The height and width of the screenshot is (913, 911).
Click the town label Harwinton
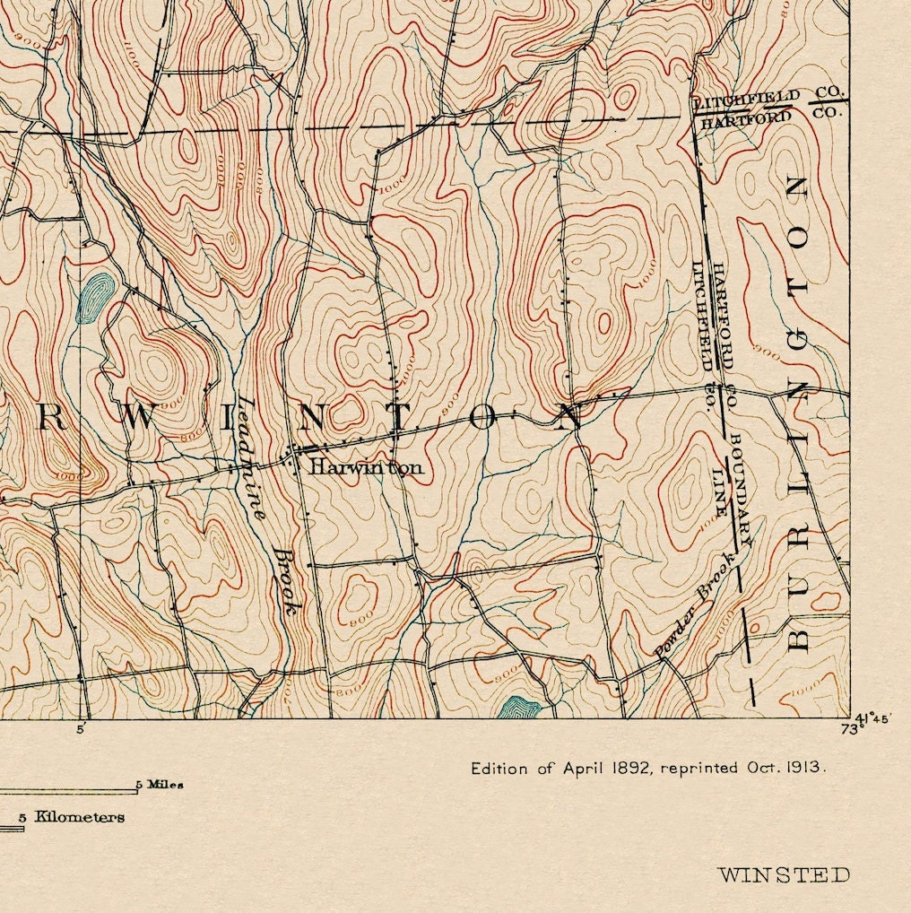pyautogui.click(x=364, y=467)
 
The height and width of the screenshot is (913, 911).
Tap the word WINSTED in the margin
pyautogui.click(x=784, y=874)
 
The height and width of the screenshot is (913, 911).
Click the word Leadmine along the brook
pyautogui.click(x=248, y=459)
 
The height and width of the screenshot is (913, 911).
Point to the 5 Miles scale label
pyautogui.click(x=160, y=785)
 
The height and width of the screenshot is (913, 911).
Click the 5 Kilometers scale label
pyautogui.click(x=72, y=817)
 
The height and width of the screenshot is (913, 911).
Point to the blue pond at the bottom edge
pyautogui.click(x=520, y=708)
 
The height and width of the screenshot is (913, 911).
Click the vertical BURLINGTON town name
pyautogui.click(x=797, y=413)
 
